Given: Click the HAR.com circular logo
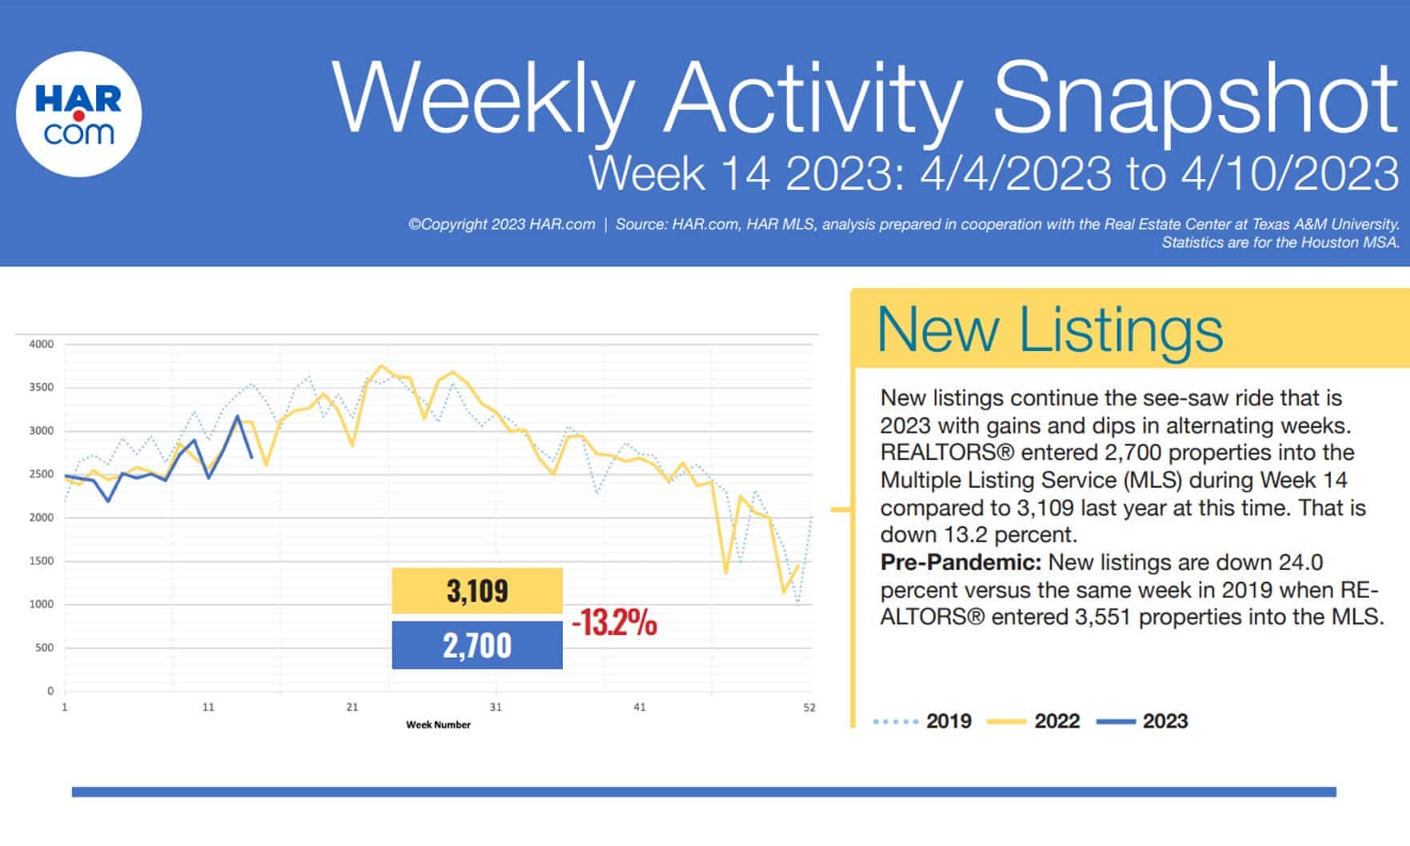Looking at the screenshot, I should point(78,114).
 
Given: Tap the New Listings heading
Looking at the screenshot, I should point(1049,329).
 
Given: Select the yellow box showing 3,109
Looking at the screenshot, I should point(477,591).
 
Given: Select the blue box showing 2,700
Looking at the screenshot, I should point(477,645).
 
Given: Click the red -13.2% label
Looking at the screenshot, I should point(614,622).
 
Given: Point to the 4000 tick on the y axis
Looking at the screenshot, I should point(42,345).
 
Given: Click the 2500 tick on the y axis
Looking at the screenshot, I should point(42,474).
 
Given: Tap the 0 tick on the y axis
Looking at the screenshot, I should point(50,691).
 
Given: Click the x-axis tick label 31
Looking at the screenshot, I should point(496,707).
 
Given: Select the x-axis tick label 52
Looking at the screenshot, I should point(809,707).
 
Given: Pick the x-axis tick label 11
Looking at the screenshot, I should point(208,707).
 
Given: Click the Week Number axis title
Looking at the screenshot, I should point(438,724).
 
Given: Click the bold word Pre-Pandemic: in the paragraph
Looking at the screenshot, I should point(961,562).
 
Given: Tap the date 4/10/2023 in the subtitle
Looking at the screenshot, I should point(1289,174).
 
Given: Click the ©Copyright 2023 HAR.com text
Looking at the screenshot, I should point(501,225).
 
